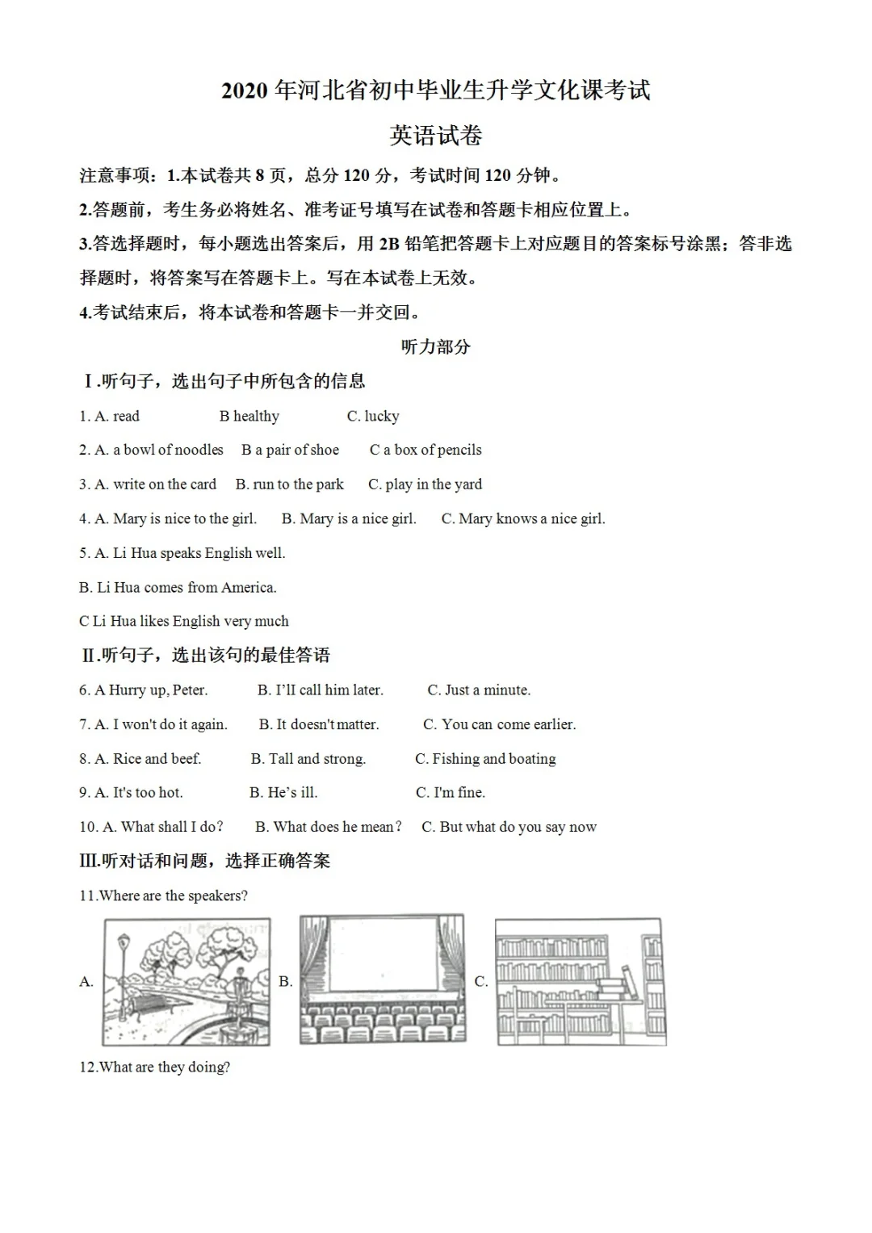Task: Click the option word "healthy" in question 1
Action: [255, 417]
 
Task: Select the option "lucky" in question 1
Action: [381, 417]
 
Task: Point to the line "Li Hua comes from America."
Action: [186, 588]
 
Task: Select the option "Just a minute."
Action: [488, 690]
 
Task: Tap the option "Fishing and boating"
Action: [493, 759]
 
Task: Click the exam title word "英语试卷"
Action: [436, 136]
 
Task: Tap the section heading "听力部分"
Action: [435, 347]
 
